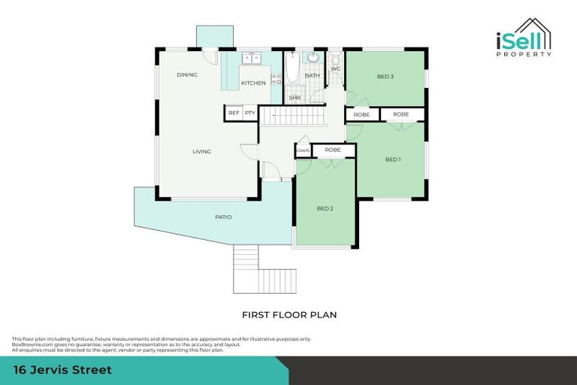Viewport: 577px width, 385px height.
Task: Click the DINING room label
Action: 186,75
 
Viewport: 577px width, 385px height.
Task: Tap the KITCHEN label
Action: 253,83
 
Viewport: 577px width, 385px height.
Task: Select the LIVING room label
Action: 201,152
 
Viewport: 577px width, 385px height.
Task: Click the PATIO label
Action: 223,217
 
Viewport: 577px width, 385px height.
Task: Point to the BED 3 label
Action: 385,77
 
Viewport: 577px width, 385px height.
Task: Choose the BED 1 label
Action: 393,159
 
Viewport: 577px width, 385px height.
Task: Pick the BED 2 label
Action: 325,208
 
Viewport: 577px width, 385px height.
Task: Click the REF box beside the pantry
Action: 234,113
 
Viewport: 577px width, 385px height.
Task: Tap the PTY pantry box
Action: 250,113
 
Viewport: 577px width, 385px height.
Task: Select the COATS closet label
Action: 304,150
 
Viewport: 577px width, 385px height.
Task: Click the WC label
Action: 336,68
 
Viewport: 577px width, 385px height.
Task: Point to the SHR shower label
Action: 295,97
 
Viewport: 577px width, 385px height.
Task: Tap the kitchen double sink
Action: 250,58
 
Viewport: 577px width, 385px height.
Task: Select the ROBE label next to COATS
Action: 333,150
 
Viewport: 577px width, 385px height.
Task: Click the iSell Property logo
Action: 524,38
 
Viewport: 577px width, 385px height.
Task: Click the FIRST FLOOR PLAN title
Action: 288,315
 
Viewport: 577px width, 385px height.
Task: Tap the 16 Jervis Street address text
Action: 63,370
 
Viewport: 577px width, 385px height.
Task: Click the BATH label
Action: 312,76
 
